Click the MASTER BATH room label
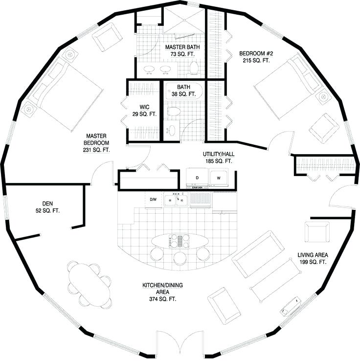(181, 47)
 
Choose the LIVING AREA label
(313, 255)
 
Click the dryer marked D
(197, 179)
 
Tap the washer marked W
(218, 179)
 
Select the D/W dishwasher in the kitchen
(153, 200)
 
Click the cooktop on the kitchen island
(178, 240)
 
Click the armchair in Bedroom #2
(323, 127)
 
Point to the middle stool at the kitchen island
(180, 257)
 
